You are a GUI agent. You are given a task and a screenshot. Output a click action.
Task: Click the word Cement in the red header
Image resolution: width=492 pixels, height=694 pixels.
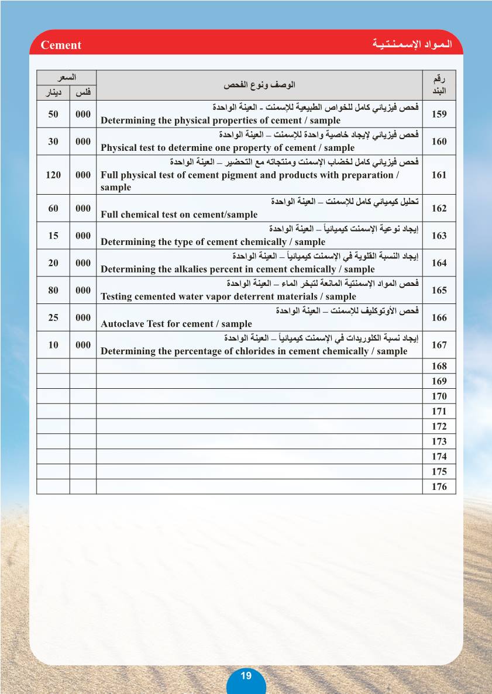tap(61, 45)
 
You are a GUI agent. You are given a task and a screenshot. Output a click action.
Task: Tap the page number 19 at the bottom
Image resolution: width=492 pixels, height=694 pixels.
tap(246, 675)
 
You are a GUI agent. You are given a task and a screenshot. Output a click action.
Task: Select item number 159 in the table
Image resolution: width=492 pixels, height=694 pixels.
tap(439, 114)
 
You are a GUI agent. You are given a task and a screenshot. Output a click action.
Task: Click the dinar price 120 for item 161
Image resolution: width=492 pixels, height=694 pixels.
tap(53, 175)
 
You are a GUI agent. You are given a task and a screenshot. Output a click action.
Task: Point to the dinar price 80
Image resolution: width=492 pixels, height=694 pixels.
tap(53, 290)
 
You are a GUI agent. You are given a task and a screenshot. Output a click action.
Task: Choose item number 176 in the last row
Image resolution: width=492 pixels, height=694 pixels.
tap(439, 486)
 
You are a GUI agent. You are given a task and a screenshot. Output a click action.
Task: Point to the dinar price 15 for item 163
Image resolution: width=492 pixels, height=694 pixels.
tap(53, 236)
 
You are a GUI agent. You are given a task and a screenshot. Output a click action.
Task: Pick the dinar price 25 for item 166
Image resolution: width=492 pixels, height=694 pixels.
tap(53, 317)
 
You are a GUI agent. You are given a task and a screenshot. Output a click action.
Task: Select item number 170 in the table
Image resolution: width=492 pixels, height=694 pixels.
tap(439, 396)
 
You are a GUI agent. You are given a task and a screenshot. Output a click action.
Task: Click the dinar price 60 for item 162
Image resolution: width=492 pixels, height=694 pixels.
tap(53, 208)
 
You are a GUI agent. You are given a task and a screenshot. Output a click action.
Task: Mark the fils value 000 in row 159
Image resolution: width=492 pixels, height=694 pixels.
tap(83, 114)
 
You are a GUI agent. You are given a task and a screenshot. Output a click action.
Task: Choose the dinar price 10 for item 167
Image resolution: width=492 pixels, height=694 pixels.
tap(53, 345)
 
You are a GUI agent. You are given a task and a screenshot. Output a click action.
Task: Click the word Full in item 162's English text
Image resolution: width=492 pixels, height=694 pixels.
tap(109, 215)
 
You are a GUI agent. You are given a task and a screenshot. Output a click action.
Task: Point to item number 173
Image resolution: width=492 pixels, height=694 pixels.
tap(439, 441)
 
